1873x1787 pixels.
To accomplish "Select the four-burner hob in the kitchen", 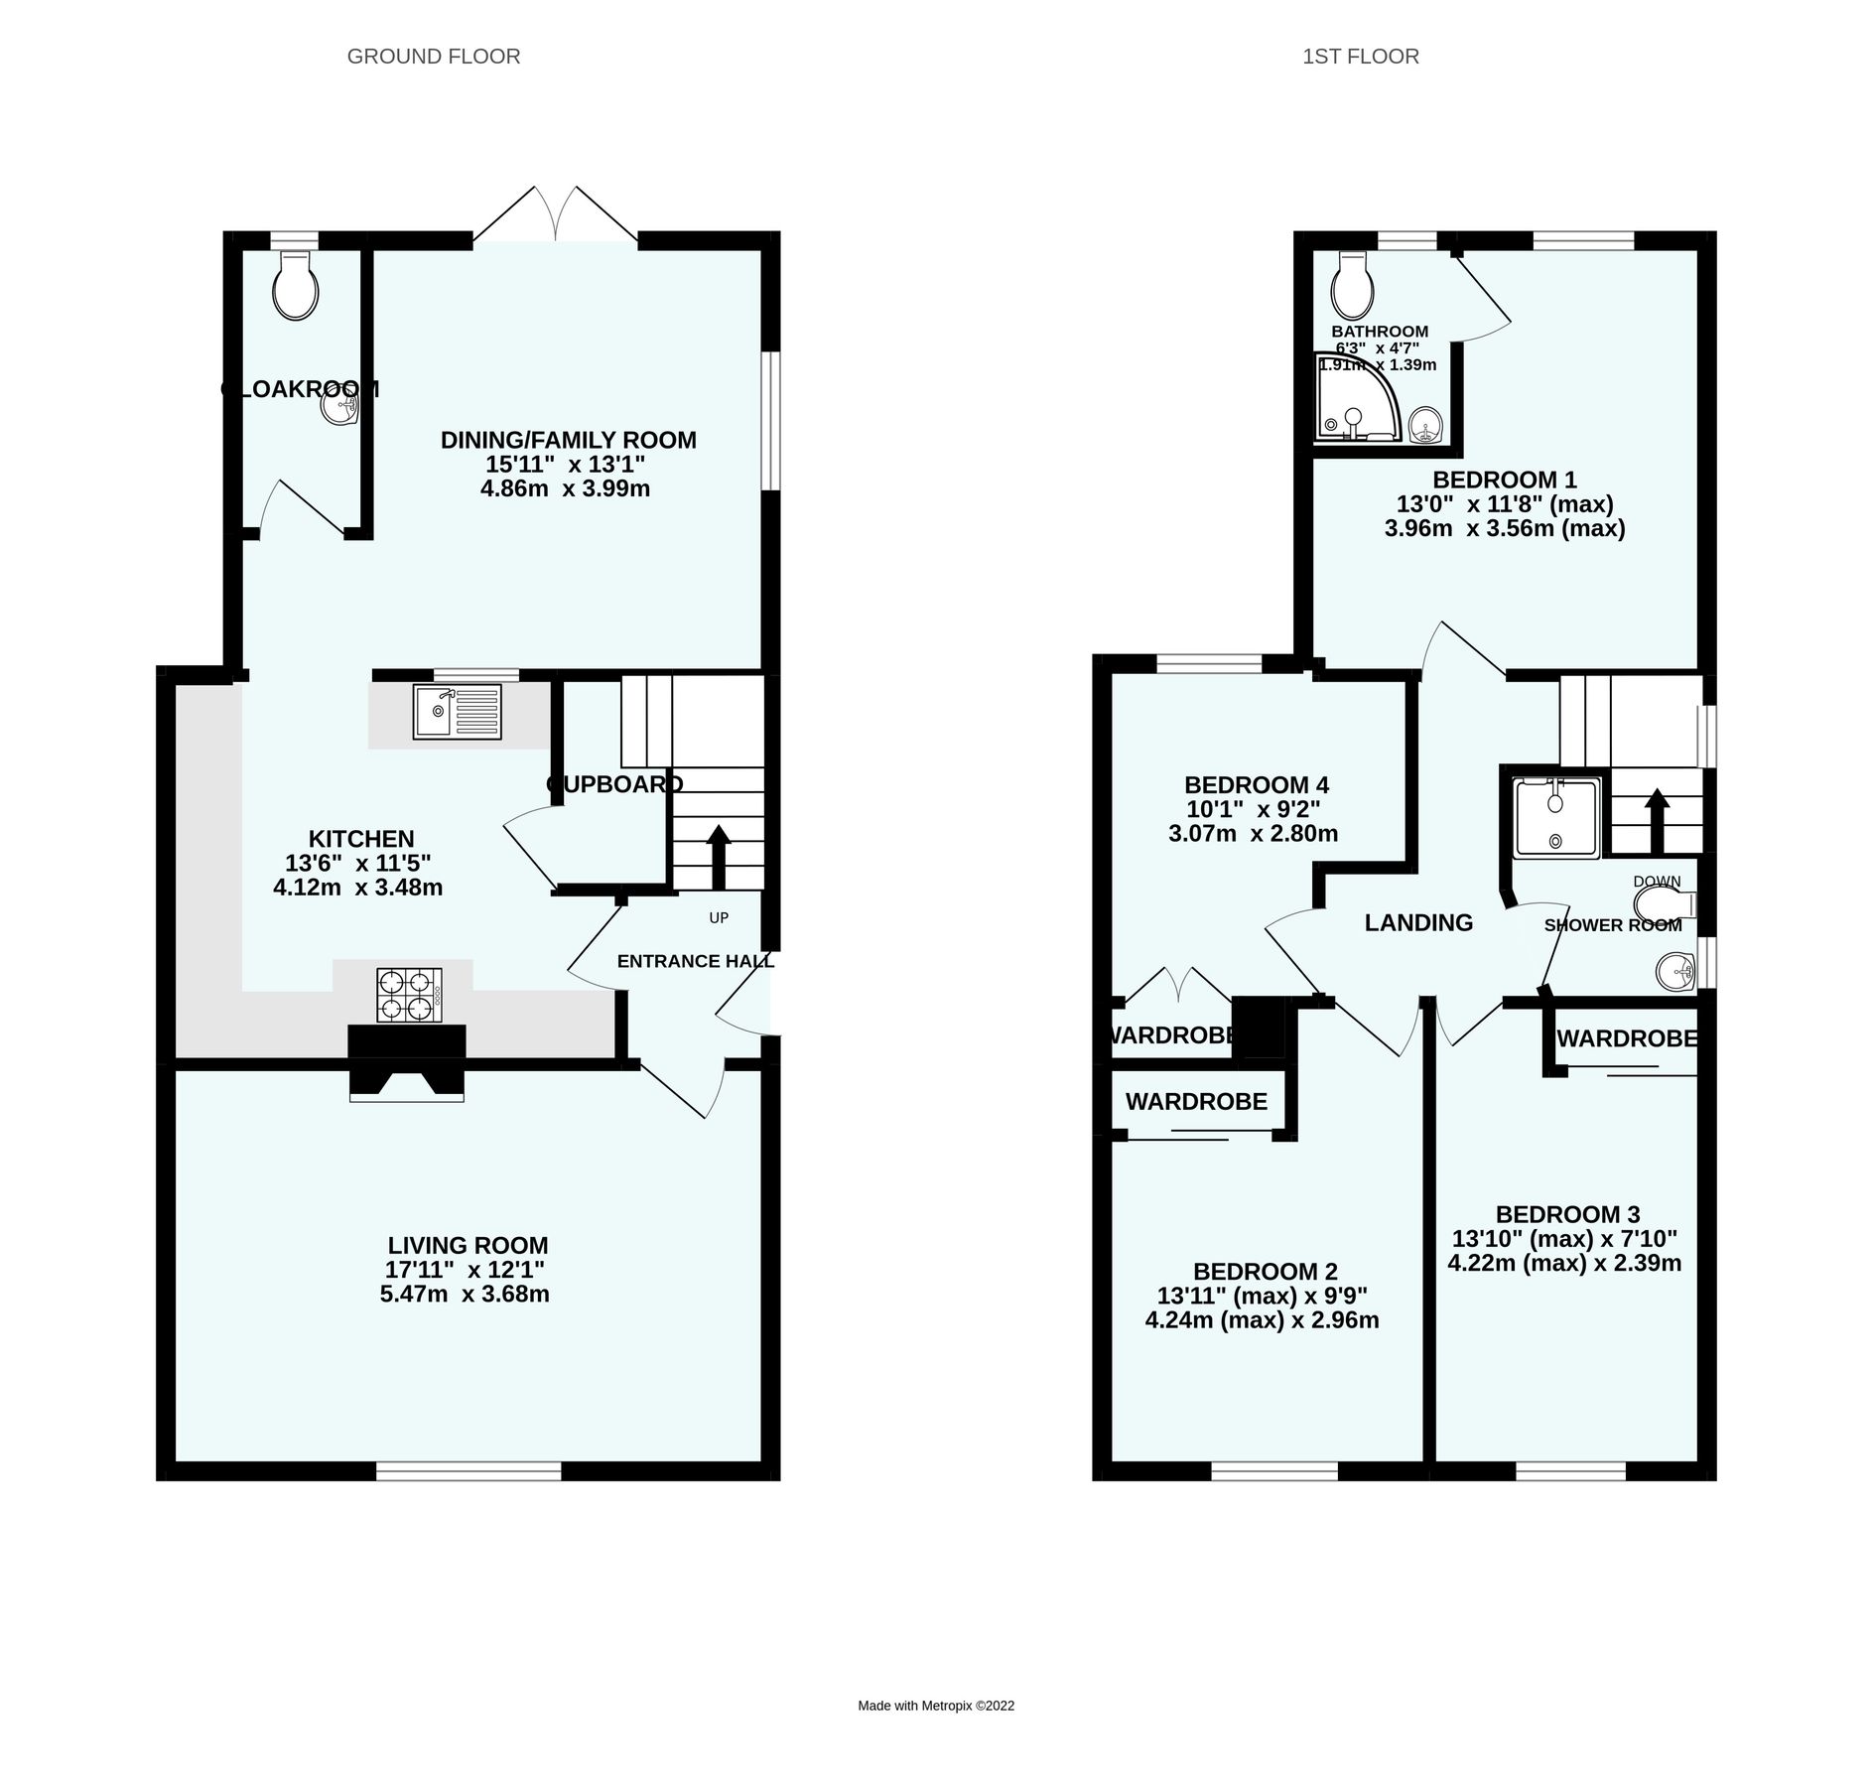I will tap(409, 995).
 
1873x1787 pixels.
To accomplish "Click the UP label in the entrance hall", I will tap(719, 917).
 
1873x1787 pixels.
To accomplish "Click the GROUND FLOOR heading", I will tap(434, 57).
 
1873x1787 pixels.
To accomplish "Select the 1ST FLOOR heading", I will tap(1360, 57).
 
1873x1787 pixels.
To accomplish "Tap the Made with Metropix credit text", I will tap(936, 1706).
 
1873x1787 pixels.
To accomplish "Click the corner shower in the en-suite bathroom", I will tap(1355, 399).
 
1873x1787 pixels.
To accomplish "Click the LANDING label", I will tap(1418, 923).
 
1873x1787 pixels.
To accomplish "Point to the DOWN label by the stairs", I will tap(1657, 882).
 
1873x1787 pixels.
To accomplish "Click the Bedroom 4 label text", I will tap(1256, 784).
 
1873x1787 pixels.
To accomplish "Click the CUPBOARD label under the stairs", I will tap(614, 784).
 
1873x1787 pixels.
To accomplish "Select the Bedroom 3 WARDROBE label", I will tap(1626, 1038).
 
